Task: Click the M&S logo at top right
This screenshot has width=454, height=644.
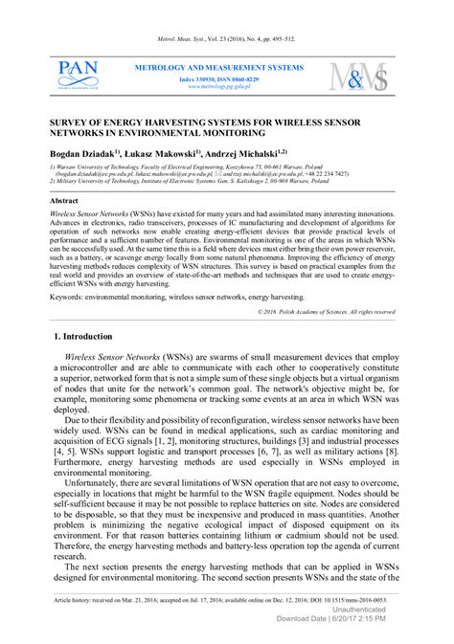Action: (360, 77)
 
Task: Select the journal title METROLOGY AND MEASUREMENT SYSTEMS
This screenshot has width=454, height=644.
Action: (218, 68)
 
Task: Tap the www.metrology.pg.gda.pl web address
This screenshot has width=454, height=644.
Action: (218, 86)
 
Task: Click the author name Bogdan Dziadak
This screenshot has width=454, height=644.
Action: (82, 151)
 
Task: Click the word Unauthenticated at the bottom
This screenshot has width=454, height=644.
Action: (359, 609)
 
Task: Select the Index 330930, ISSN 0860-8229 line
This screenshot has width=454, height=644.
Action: (218, 78)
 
